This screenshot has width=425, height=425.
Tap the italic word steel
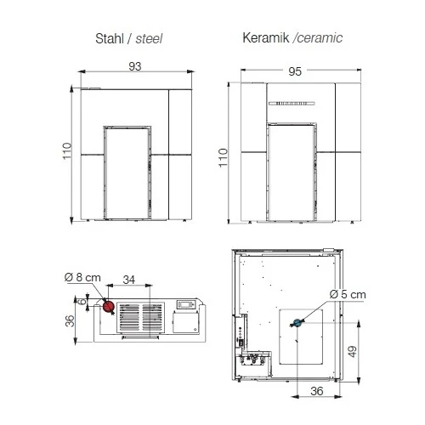147,38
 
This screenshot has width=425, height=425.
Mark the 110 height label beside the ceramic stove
224,156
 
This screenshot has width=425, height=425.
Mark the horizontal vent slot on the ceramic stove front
292,104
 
